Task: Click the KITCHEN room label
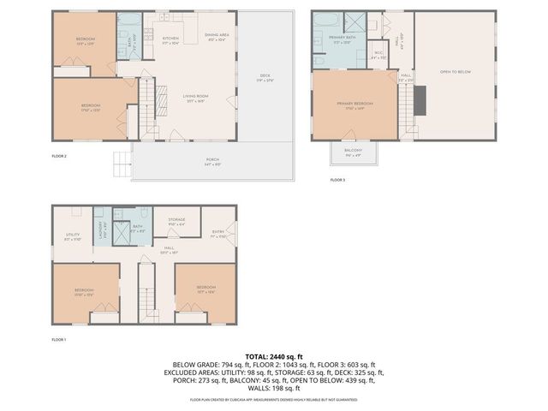click(x=170, y=39)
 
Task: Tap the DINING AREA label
click(x=216, y=36)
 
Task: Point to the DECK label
click(x=265, y=77)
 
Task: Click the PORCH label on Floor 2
click(x=211, y=162)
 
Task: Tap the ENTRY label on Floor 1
click(x=218, y=233)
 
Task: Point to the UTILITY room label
click(x=72, y=235)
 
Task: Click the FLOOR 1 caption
click(x=59, y=341)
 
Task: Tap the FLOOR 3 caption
click(x=337, y=180)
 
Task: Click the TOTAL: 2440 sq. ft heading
click(x=274, y=355)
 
